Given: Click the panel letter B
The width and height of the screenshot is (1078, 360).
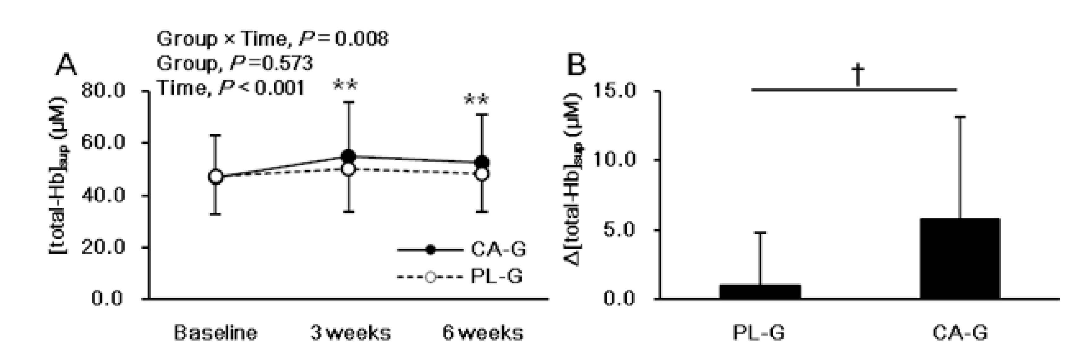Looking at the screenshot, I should pyautogui.click(x=577, y=65).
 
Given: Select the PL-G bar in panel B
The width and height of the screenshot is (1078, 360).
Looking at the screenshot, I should pyautogui.click(x=760, y=291).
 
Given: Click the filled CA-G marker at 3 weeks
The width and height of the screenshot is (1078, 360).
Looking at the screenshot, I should pyautogui.click(x=348, y=157).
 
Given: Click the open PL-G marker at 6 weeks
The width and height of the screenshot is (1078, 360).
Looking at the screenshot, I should pyautogui.click(x=482, y=174).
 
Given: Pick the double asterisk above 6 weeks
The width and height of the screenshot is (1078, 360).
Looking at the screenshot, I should pyautogui.click(x=477, y=101).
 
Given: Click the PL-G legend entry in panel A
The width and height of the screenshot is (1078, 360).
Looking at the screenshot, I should pyautogui.click(x=460, y=277).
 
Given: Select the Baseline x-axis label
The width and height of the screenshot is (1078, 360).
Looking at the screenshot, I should pyautogui.click(x=215, y=334).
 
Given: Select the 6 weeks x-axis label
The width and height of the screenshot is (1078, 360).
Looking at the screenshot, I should pyautogui.click(x=483, y=334).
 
